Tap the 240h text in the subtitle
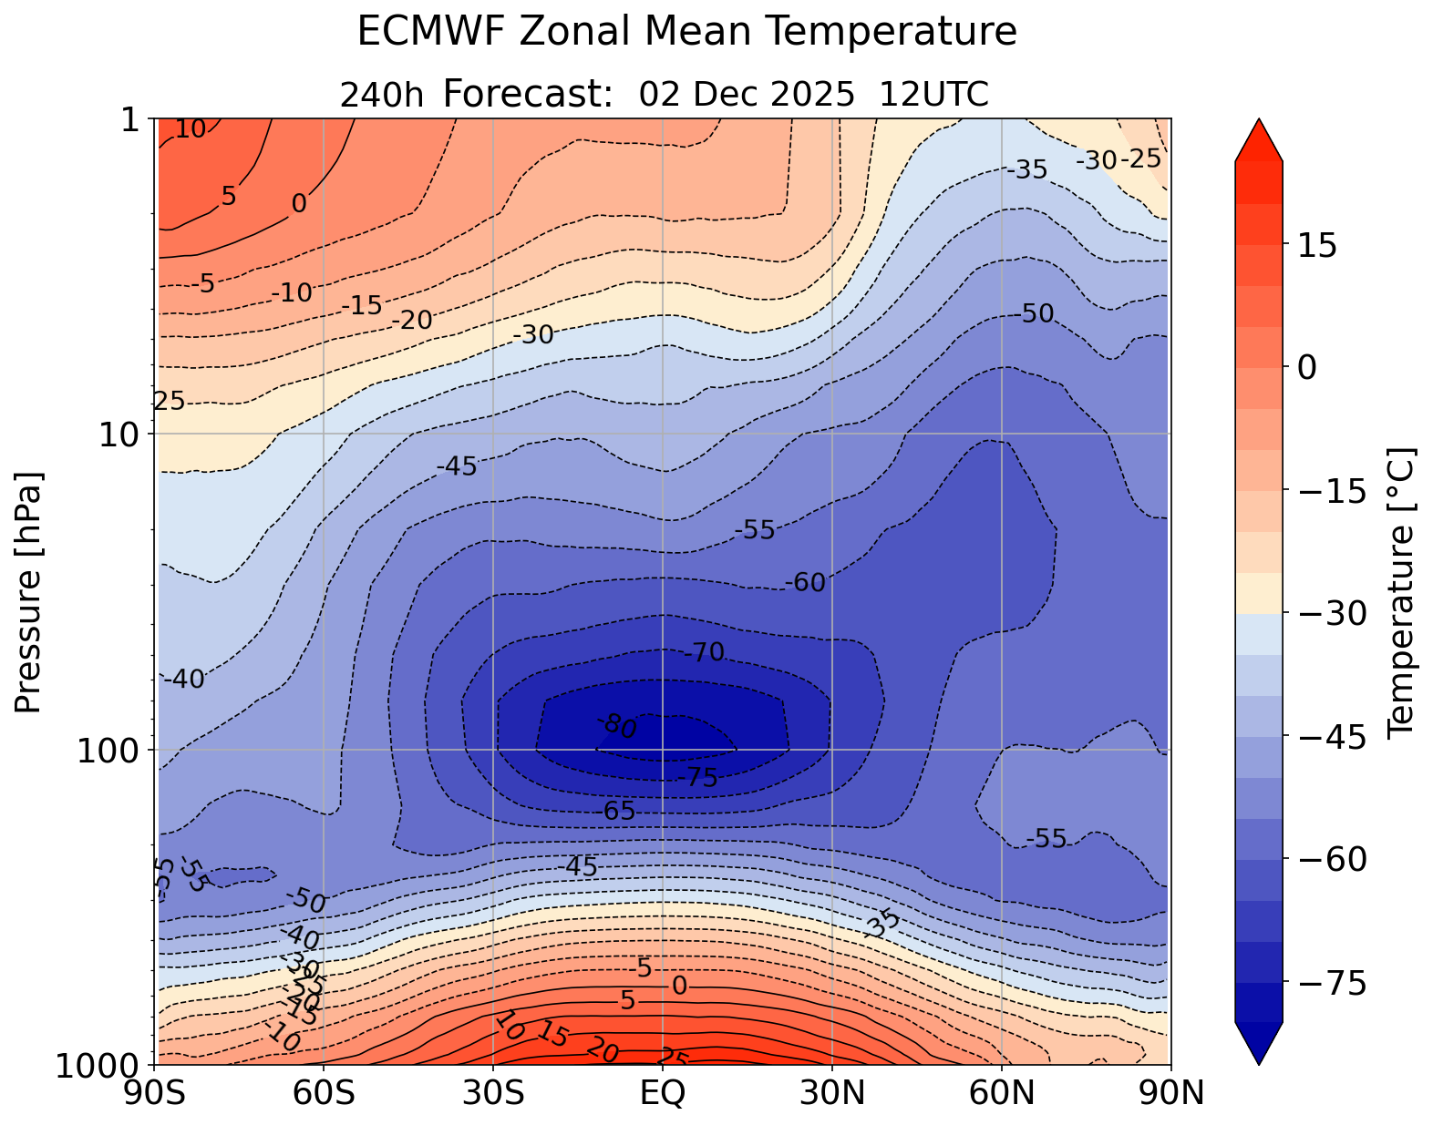pyautogui.click(x=381, y=95)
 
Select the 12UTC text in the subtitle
pyautogui.click(x=933, y=95)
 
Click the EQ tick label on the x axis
pyautogui.click(x=663, y=1092)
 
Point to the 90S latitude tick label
pyautogui.click(x=158, y=1092)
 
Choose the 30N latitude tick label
pyautogui.click(x=832, y=1092)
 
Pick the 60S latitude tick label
pyautogui.click(x=325, y=1092)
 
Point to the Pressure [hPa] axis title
pyautogui.click(x=29, y=592)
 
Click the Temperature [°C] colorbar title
pyautogui.click(x=1399, y=592)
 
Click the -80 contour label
pyautogui.click(x=619, y=727)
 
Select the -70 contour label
pyautogui.click(x=705, y=652)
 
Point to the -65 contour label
pyautogui.click(x=619, y=811)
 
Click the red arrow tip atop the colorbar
pyautogui.click(x=1259, y=137)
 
